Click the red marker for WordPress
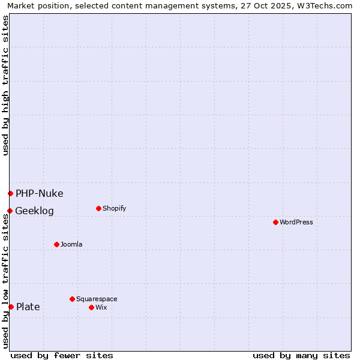[275, 222]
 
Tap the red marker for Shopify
[98, 208]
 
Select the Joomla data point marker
[56, 244]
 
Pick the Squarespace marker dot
[72, 299]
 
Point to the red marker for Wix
[91, 307]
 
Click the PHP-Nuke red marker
[10, 193]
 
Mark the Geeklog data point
[10, 211]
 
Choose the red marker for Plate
[11, 307]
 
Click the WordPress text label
[296, 222]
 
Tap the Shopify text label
[114, 208]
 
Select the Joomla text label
[71, 244]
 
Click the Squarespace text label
[97, 299]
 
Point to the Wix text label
[101, 307]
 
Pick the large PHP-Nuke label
[39, 193]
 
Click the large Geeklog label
[34, 211]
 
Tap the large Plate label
[28, 307]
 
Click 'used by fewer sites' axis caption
[62, 355]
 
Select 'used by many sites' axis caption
[301, 355]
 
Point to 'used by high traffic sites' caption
[5, 85]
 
